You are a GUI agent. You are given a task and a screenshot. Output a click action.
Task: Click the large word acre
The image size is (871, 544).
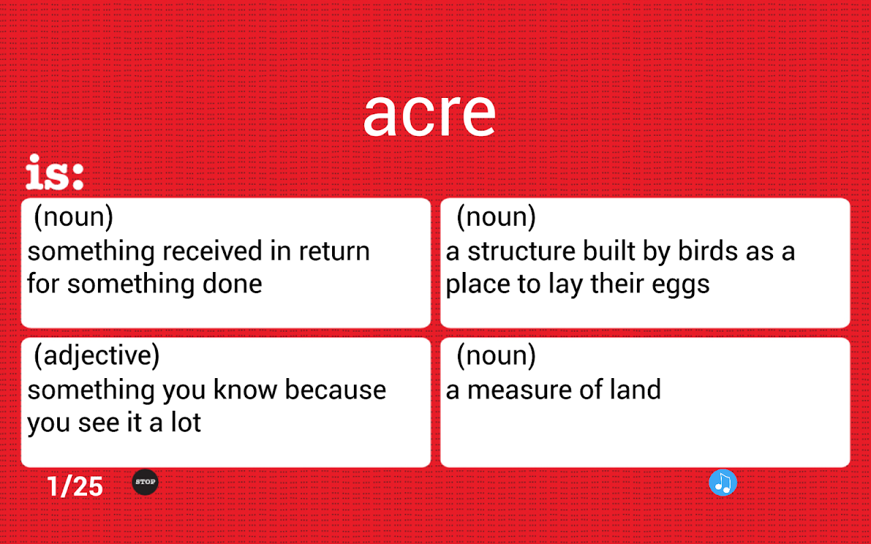(429, 115)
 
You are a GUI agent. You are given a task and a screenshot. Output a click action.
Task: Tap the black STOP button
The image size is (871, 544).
(145, 482)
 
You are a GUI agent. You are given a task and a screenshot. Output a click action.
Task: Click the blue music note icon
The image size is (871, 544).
(723, 483)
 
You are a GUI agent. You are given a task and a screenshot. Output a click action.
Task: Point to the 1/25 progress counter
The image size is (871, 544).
(75, 486)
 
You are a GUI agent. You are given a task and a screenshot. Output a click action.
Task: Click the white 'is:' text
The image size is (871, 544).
(54, 172)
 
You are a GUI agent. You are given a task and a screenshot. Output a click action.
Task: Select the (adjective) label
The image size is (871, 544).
(97, 355)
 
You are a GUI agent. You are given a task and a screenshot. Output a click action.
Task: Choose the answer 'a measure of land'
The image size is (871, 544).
(553, 390)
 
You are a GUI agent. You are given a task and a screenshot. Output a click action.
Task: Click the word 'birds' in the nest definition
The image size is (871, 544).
(708, 251)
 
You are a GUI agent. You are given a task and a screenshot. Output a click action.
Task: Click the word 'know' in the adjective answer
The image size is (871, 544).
(246, 390)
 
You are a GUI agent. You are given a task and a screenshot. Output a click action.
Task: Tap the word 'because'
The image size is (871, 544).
(335, 390)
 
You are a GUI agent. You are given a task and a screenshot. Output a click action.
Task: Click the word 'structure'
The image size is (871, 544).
(521, 251)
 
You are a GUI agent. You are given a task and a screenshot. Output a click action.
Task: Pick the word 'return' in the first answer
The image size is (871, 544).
(334, 252)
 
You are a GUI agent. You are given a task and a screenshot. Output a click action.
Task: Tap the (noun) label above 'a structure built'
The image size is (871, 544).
(496, 216)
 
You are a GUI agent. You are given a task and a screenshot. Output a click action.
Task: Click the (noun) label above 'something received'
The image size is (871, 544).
(73, 216)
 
